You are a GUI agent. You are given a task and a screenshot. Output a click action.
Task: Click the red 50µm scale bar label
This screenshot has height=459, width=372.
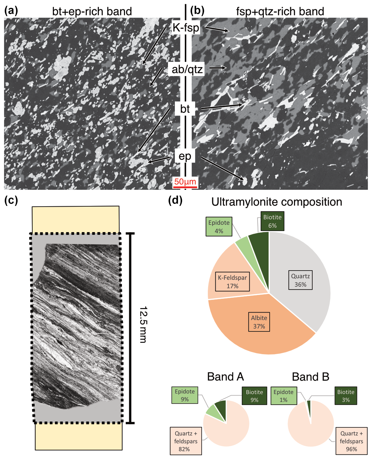(185, 182)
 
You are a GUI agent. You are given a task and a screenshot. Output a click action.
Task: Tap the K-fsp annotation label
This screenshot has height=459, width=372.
(185, 28)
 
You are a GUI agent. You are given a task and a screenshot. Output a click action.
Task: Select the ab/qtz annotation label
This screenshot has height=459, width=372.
(187, 69)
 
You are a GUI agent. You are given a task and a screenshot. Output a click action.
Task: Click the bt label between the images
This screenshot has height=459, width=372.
(185, 109)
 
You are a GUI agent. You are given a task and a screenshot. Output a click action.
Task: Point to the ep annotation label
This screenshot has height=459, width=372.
(185, 156)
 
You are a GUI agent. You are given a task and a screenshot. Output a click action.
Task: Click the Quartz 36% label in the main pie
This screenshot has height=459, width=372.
(301, 280)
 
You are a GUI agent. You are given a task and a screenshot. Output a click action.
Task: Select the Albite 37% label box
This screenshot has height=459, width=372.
(259, 322)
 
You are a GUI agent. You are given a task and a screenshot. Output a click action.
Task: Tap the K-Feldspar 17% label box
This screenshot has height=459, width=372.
(232, 282)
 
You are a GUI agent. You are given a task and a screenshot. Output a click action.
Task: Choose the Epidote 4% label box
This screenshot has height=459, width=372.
(219, 227)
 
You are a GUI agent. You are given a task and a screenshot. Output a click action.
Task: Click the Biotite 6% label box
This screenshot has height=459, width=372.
(272, 221)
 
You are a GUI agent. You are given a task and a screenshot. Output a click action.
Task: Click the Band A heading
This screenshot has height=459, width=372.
(225, 377)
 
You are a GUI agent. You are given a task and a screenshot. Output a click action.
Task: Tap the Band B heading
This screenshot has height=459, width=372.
(311, 377)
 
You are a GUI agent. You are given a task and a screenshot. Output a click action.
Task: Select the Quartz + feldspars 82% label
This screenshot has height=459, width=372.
(185, 441)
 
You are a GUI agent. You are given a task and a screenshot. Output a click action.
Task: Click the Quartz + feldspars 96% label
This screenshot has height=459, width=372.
(351, 441)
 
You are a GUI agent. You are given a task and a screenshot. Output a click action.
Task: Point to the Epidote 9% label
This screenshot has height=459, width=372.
(185, 395)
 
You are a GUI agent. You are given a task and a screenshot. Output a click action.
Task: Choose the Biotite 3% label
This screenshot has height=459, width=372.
(346, 396)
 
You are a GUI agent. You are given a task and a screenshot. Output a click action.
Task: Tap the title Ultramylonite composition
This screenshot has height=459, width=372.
(277, 202)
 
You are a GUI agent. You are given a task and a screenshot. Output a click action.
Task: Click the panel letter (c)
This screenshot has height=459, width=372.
(11, 200)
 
